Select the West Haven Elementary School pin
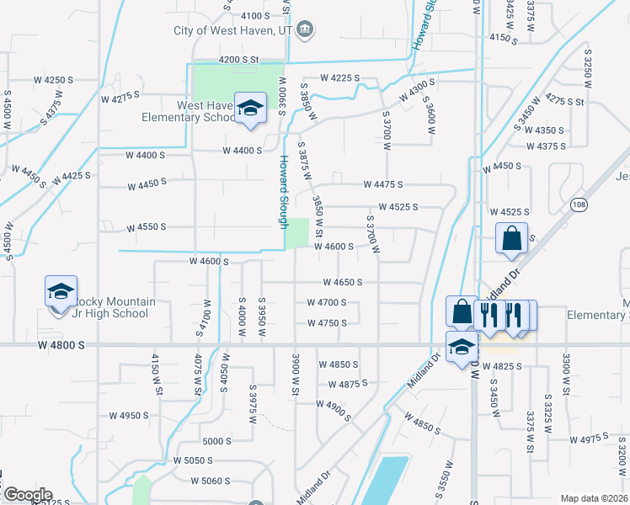tap(250, 109)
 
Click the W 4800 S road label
tap(61, 345)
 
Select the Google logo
tap(27, 495)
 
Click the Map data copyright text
tap(593, 498)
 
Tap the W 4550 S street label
tap(147, 227)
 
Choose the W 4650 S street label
tap(342, 283)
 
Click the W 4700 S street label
tap(327, 303)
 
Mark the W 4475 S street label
tap(383, 184)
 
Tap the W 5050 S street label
tap(194, 460)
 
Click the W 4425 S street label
tap(71, 178)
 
